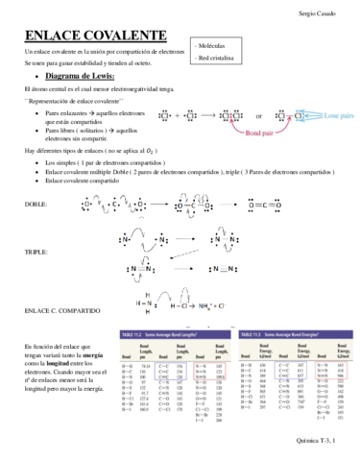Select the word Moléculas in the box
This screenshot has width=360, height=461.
click(218, 45)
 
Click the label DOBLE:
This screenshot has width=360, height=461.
click(35, 204)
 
